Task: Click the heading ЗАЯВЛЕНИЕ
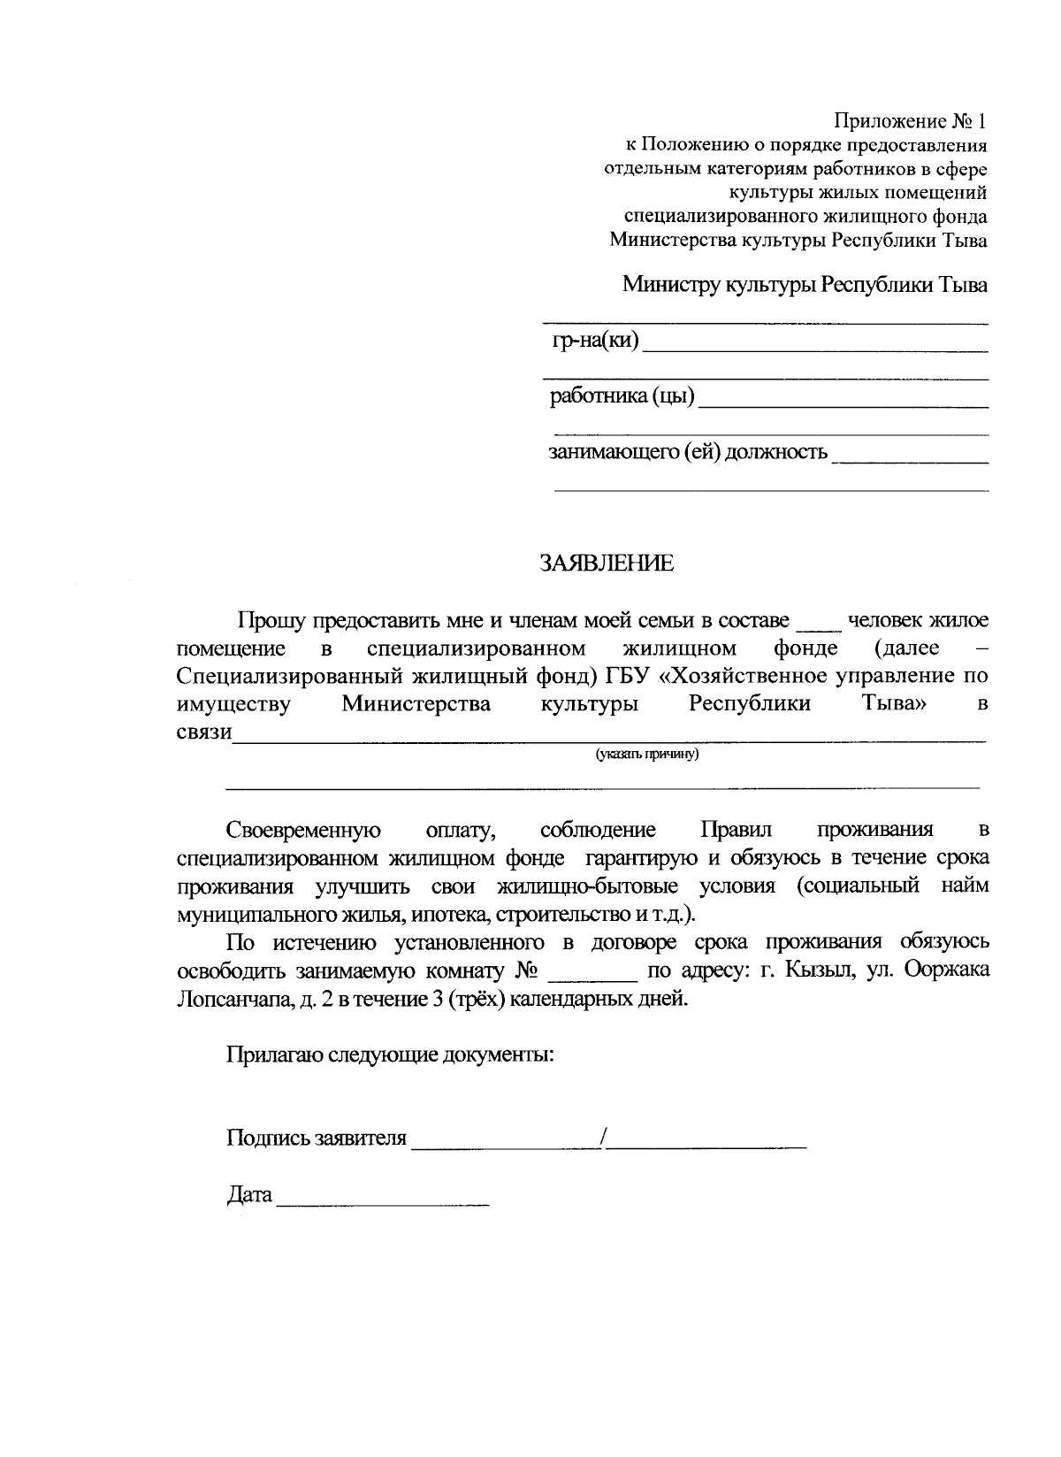click(x=607, y=564)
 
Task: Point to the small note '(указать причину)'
click(x=647, y=754)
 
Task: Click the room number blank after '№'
click(x=592, y=975)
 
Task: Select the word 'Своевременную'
click(x=303, y=830)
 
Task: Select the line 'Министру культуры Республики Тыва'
click(x=805, y=285)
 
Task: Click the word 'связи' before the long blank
click(x=203, y=732)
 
